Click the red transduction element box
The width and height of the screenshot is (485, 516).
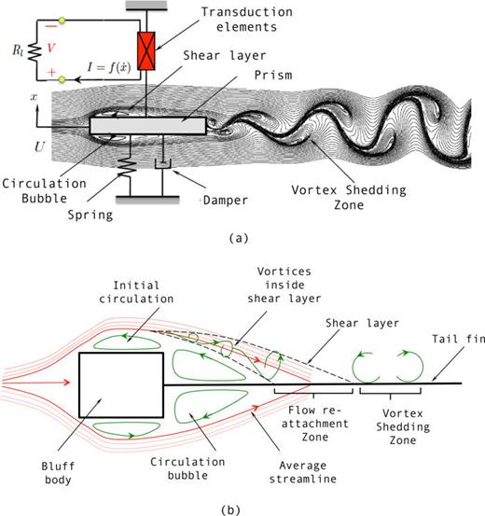click(x=145, y=49)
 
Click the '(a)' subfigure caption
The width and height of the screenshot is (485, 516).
click(x=241, y=237)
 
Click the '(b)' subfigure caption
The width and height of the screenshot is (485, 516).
click(x=241, y=509)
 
